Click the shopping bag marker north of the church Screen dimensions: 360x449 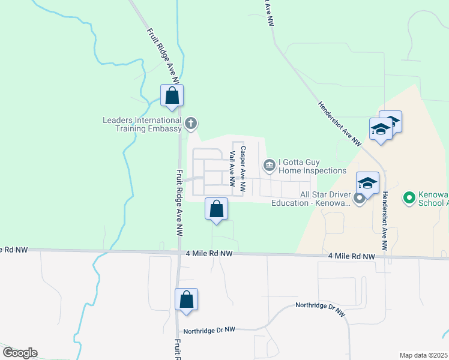click(172, 95)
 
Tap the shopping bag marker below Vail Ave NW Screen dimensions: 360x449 click(217, 209)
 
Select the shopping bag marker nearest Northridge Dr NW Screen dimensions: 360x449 click(186, 299)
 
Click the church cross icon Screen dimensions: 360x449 click(191, 124)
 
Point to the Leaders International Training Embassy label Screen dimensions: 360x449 click(142, 124)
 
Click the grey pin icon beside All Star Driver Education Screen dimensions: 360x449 click(360, 198)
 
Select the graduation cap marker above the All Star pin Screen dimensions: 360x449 click(367, 182)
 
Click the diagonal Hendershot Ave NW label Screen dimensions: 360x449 click(339, 123)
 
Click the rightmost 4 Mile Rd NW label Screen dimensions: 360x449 click(352, 256)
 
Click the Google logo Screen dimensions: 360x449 click(20, 353)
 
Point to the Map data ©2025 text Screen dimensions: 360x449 click(423, 355)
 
